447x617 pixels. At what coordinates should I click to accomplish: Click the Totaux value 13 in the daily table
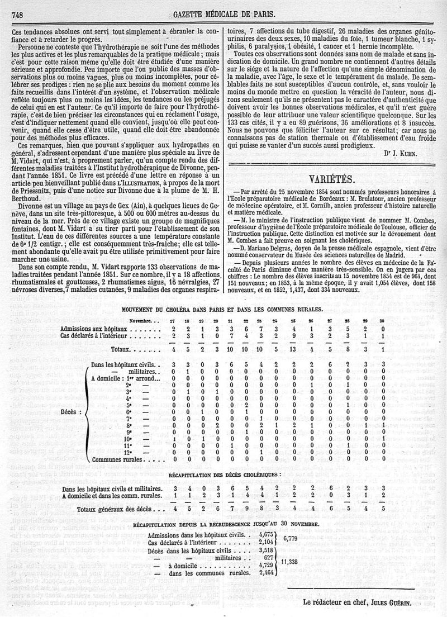[x=293, y=350]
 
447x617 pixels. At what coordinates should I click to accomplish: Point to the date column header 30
[x=382, y=320]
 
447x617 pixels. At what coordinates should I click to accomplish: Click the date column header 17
[x=175, y=320]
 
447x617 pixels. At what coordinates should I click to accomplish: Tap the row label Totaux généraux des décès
[x=120, y=510]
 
